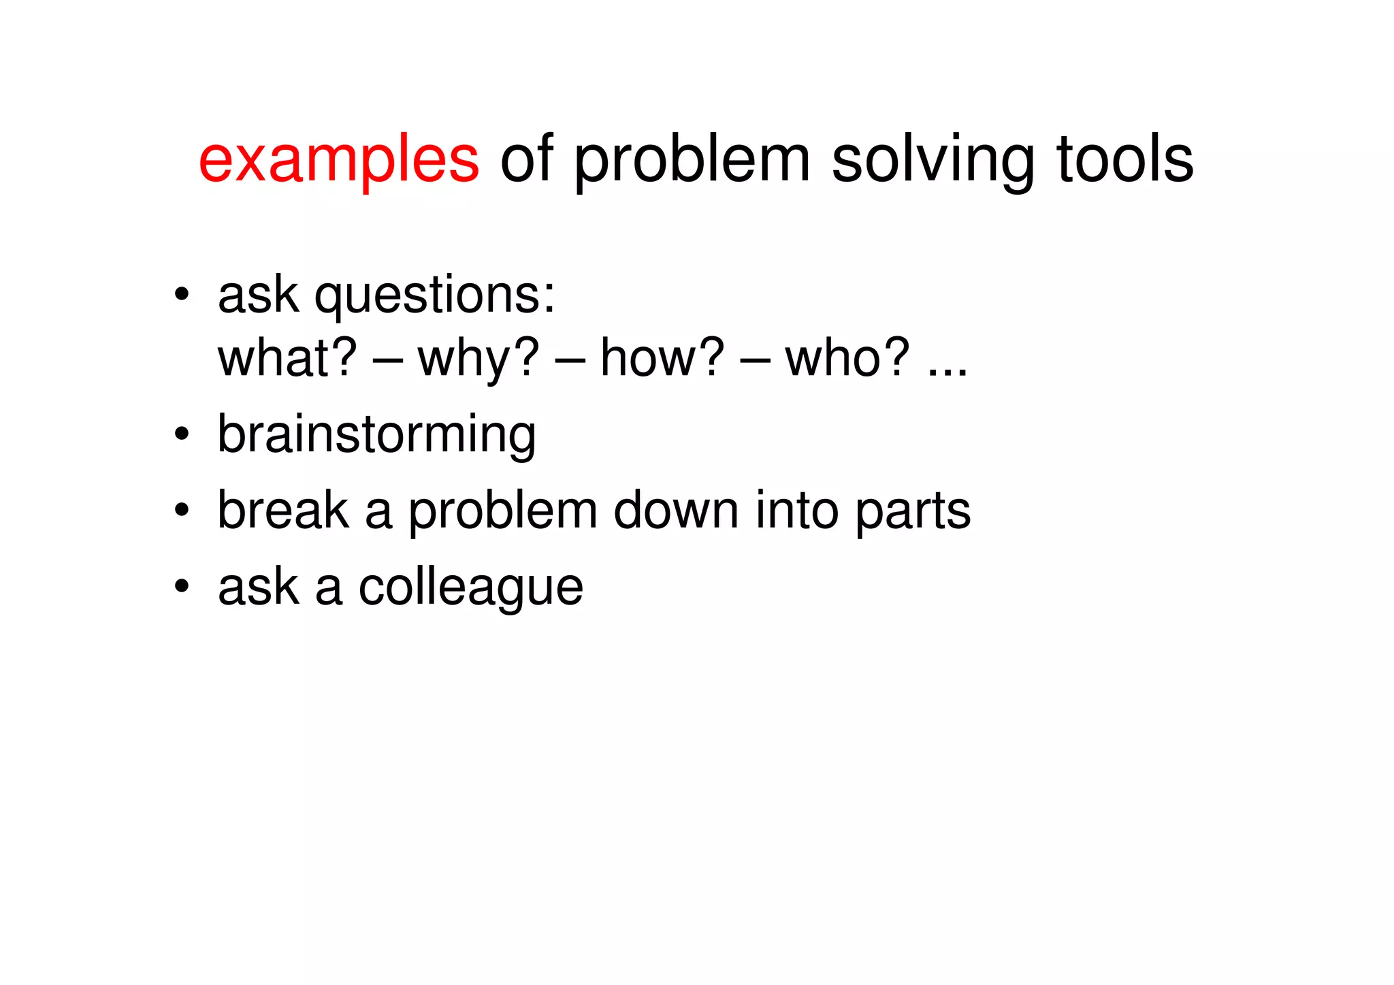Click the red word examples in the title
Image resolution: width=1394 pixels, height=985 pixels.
[338, 160]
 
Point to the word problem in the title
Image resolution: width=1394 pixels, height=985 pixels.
[692, 160]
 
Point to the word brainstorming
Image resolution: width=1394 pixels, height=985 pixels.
[376, 435]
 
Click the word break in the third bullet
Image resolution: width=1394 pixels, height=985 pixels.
[283, 511]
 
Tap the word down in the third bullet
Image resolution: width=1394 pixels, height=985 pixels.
[675, 511]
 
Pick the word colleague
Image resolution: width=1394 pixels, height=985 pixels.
[471, 588]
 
